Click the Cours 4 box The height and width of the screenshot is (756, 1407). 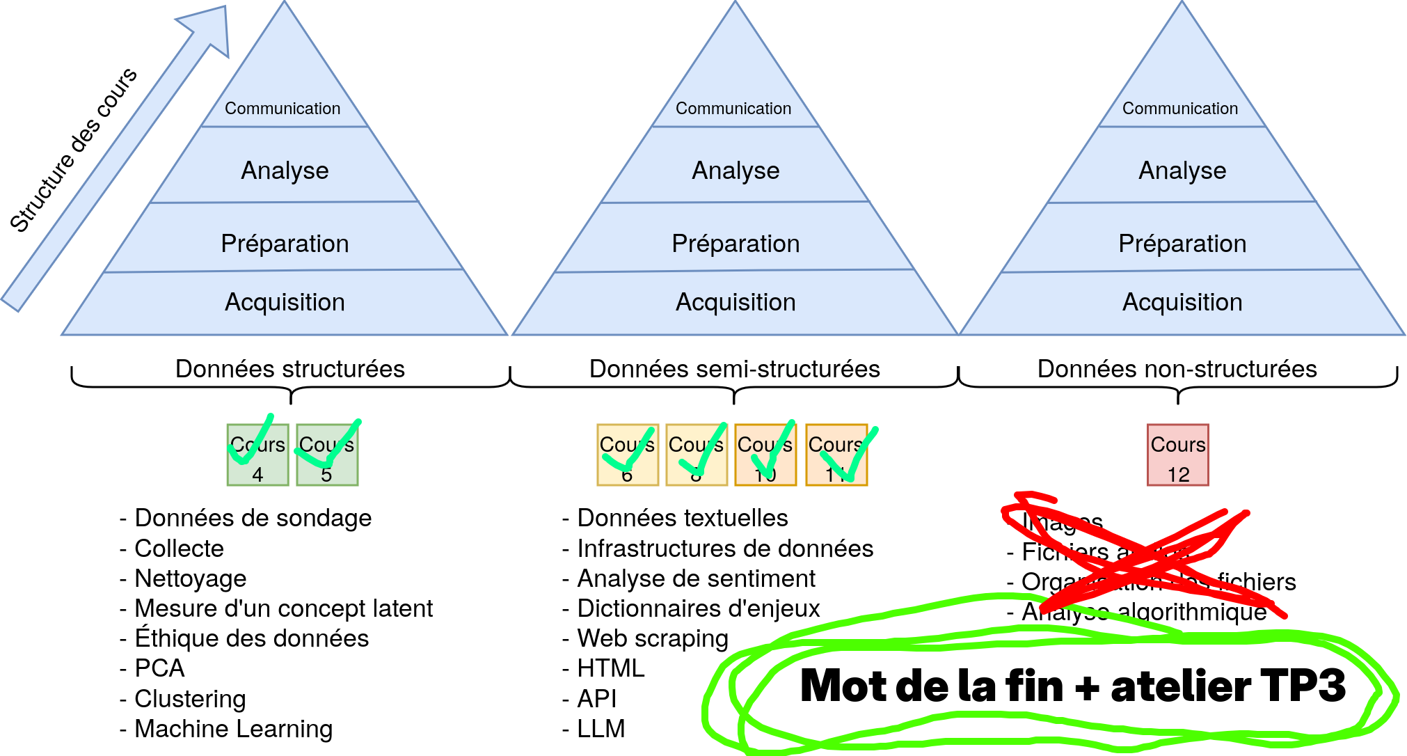coord(257,455)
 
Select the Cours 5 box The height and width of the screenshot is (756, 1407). coord(327,455)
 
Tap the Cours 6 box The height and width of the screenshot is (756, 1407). coord(628,455)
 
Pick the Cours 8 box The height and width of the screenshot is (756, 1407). coord(697,455)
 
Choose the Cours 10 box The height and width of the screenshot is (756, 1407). coord(765,455)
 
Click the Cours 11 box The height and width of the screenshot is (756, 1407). coord(836,455)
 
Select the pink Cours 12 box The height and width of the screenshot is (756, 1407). coord(1178,455)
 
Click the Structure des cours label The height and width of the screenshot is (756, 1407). coord(73,149)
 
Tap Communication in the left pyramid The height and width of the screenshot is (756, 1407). coord(283,109)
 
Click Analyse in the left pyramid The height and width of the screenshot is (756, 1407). coord(285,171)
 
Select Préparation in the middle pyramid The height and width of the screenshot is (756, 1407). coord(736,244)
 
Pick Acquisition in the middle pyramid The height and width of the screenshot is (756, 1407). coord(736,302)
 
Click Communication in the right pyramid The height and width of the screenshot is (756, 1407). coord(1180,109)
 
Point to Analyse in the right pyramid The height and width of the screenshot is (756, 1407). coord(1182,171)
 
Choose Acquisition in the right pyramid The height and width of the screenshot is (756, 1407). coord(1182,302)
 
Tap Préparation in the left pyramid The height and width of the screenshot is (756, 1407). coord(285,244)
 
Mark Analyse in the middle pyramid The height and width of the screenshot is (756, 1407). coord(736,171)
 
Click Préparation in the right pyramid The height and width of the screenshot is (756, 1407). coord(1182,244)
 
